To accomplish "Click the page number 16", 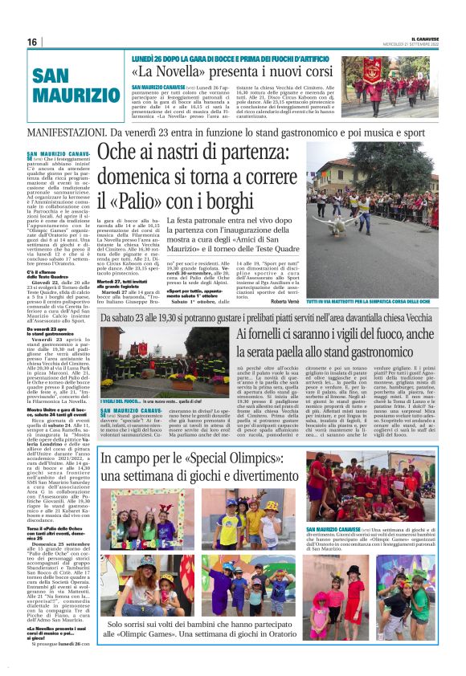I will point(33,42).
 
